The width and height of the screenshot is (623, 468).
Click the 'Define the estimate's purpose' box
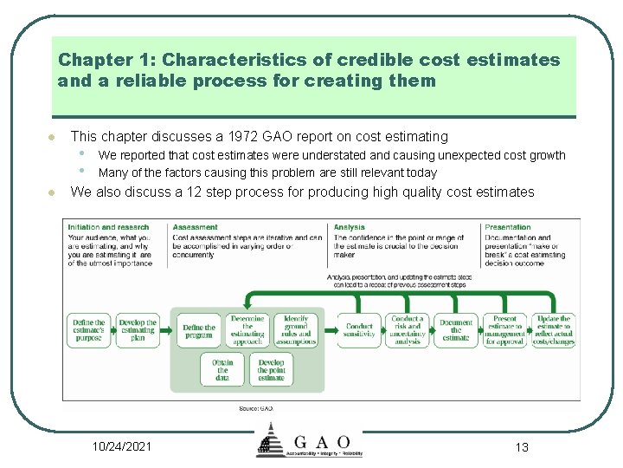click(88, 331)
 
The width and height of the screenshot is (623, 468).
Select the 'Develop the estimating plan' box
click(138, 331)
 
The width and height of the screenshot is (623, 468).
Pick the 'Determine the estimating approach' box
click(247, 330)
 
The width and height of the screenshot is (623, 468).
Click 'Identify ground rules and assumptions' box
click(297, 330)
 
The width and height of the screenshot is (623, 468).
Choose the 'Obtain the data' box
click(222, 369)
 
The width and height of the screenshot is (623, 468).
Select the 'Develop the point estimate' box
click(271, 369)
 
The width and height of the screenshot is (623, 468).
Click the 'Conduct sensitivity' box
click(359, 331)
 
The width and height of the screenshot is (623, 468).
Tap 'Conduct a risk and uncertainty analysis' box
click(408, 330)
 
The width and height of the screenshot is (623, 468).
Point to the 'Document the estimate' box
click(456, 331)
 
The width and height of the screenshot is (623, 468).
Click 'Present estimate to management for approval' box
click(504, 330)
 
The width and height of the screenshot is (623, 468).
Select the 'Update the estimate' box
click(554, 330)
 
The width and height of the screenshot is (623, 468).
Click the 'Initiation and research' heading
click(108, 227)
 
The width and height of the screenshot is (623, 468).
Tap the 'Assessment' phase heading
click(195, 227)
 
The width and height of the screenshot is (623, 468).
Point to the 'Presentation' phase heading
click(508, 227)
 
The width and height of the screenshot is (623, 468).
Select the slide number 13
click(521, 447)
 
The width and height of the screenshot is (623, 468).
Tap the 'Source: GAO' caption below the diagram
click(255, 407)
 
